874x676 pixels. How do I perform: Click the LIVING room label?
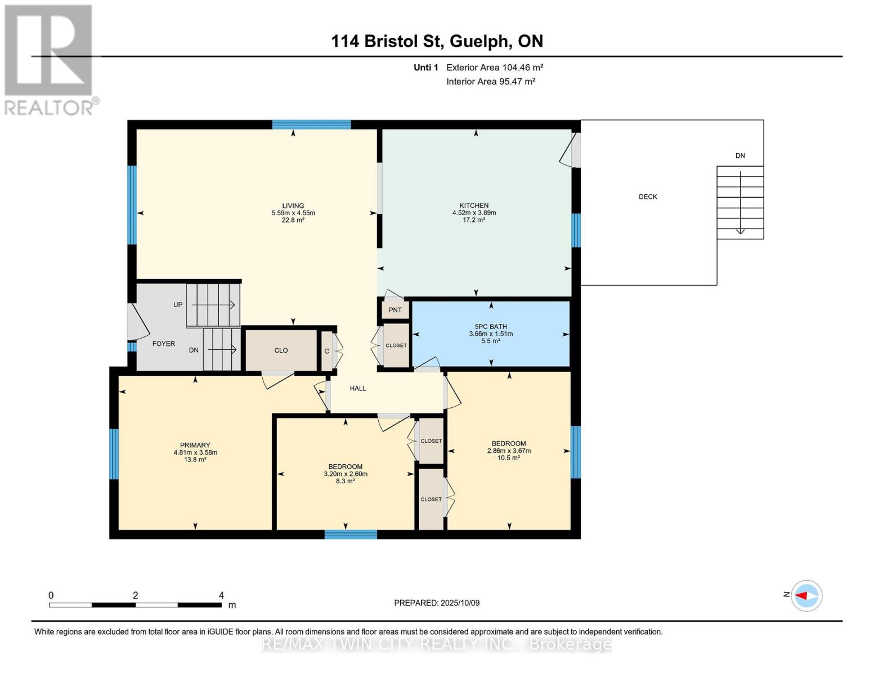click(293, 206)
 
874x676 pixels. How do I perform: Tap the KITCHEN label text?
click(474, 206)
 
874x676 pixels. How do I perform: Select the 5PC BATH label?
click(491, 327)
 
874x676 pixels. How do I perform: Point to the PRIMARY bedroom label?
click(195, 445)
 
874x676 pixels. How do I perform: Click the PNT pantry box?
click(395, 310)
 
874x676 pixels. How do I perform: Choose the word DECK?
click(648, 197)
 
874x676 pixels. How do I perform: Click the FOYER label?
click(164, 344)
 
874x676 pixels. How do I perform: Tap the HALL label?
click(358, 388)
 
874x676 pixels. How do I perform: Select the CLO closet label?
click(281, 350)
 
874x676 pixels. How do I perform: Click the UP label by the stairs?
click(178, 305)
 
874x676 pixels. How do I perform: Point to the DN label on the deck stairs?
click(740, 155)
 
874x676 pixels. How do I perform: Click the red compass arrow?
click(801, 595)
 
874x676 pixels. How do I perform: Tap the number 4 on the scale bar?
click(221, 595)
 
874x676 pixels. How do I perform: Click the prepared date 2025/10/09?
click(460, 603)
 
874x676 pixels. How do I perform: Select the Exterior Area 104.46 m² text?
click(495, 67)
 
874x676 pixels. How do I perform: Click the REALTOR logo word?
click(49, 108)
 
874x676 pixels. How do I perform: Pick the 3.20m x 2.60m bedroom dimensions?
click(346, 474)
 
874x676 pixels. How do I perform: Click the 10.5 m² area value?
click(509, 458)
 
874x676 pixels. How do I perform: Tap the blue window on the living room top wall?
click(311, 124)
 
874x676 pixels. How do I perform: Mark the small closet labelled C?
click(327, 351)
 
